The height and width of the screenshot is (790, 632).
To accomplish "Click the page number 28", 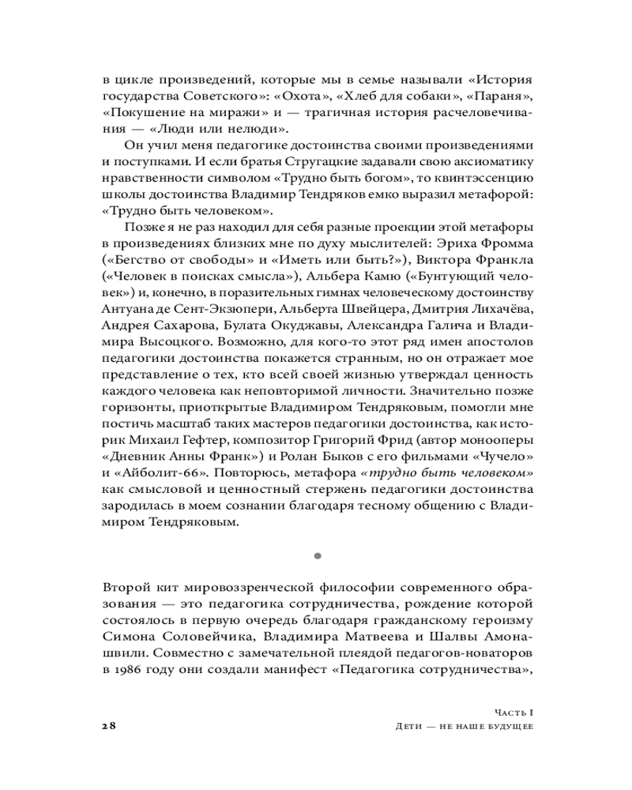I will pyautogui.click(x=109, y=726).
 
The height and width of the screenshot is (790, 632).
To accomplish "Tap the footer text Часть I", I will pyautogui.click(x=507, y=712).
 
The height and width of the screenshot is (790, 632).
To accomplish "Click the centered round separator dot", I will pyautogui.click(x=317, y=556).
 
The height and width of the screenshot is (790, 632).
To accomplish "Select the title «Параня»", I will pyautogui.click(x=497, y=96).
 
